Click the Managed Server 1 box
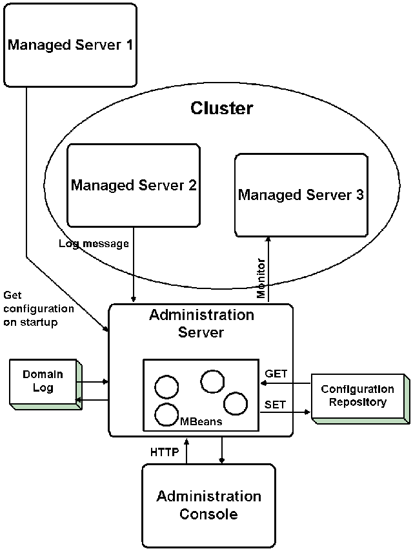click(70, 45)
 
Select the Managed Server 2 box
click(134, 185)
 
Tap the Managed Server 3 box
click(301, 194)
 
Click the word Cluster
click(221, 108)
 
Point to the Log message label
click(94, 244)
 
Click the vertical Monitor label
click(261, 278)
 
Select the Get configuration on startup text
click(39, 308)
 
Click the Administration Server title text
click(201, 324)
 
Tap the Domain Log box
click(43, 381)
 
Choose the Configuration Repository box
click(357, 396)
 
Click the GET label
click(276, 374)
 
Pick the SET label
click(275, 405)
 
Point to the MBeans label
click(201, 421)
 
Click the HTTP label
click(164, 452)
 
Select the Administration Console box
click(208, 505)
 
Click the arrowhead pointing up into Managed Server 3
click(268, 239)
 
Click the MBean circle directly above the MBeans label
click(166, 414)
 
